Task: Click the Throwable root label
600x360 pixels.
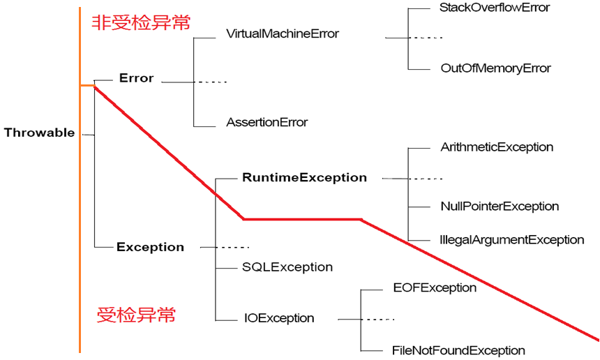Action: click(x=39, y=133)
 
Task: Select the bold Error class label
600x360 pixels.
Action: click(x=136, y=78)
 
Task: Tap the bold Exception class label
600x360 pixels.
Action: click(x=150, y=247)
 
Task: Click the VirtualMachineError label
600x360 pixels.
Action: click(x=283, y=33)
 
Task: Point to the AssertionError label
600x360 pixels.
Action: click(x=267, y=122)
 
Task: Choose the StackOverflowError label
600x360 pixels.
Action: click(x=495, y=8)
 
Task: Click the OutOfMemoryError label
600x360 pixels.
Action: click(x=496, y=68)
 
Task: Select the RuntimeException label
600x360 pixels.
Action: click(x=304, y=177)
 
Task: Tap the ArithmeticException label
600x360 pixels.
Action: click(x=497, y=147)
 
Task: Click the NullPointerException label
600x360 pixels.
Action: click(x=500, y=206)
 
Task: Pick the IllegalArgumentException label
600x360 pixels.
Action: click(x=512, y=239)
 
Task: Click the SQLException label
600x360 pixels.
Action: click(x=287, y=267)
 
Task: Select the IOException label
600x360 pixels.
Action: click(x=279, y=318)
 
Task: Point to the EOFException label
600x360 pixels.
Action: click(x=435, y=287)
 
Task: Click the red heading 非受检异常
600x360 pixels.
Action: click(x=142, y=23)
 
